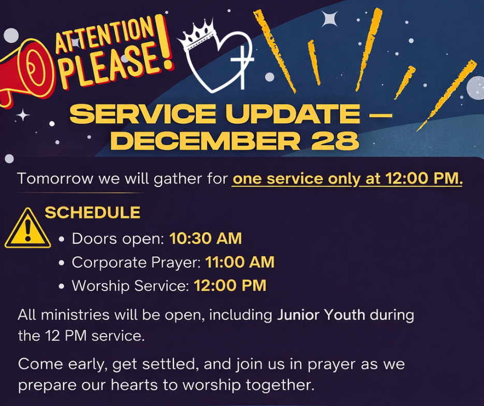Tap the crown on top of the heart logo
197,35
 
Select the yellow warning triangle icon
28,228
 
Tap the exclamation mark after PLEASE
164,41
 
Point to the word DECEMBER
206,141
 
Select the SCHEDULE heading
93,212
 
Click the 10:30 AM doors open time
206,239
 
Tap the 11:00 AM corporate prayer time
240,262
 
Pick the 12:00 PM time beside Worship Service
230,285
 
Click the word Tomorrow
55,179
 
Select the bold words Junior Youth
321,315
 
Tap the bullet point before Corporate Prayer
62,263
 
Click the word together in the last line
280,385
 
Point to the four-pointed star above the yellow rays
330,19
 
